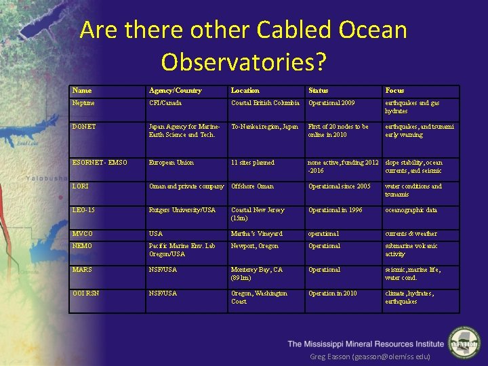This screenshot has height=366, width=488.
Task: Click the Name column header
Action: [x=82, y=91]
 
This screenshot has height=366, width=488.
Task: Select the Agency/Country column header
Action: [x=175, y=91]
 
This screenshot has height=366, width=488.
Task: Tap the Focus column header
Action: [x=394, y=91]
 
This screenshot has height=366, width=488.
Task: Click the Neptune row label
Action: [x=83, y=103]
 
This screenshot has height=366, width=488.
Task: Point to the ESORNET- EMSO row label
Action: [x=98, y=163]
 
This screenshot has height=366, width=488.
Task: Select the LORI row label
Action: [x=79, y=186]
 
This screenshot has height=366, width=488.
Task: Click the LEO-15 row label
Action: [x=83, y=210]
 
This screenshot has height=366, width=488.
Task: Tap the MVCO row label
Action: [x=83, y=234]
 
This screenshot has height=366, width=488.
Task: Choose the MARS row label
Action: [x=82, y=270]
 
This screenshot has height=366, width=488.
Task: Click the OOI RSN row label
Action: [x=85, y=293]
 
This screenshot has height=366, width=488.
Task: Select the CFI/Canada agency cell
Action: [x=166, y=103]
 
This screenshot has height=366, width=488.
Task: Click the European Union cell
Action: [x=171, y=163]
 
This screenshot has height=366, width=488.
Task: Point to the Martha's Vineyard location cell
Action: [x=257, y=234]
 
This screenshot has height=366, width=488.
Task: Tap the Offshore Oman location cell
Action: [x=253, y=186]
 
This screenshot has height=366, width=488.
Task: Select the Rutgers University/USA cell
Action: [x=182, y=210]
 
